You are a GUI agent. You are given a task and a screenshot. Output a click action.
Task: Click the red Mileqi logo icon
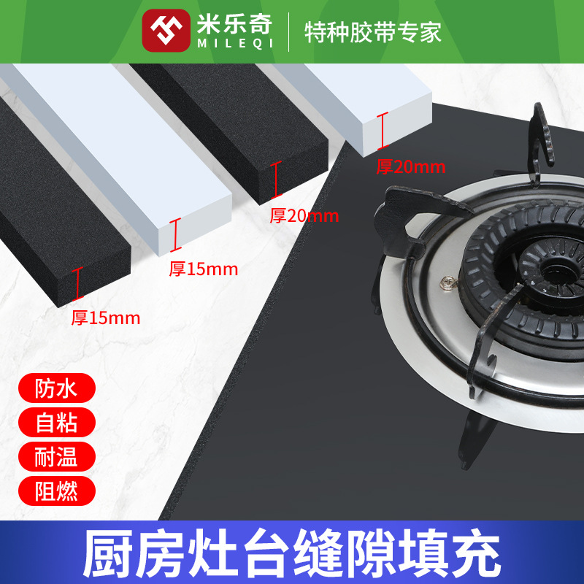point(166,30)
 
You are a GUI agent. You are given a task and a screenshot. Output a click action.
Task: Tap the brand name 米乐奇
point(234,23)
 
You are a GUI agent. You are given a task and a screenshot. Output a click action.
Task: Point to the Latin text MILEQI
point(234,41)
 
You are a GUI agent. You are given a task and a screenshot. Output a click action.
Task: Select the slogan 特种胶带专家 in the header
point(373,31)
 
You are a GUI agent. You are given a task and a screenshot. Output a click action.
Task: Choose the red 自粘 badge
point(55,423)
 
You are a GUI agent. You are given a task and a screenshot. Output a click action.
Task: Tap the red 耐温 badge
point(55,457)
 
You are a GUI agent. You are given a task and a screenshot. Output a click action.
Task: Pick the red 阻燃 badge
point(55,491)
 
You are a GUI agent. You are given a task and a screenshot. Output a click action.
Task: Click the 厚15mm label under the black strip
point(105,318)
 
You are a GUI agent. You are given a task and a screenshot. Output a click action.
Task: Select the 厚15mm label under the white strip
point(204,269)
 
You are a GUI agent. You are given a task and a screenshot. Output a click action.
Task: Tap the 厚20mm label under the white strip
point(410,166)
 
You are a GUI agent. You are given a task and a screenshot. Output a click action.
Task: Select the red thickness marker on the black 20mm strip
point(276,180)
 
